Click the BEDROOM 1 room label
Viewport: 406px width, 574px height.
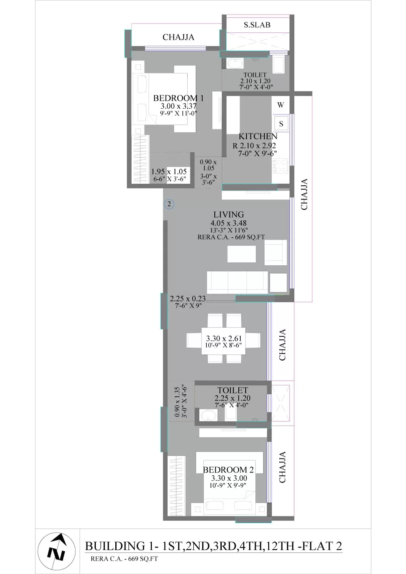[178, 98]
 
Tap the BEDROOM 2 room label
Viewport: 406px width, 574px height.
[228, 470]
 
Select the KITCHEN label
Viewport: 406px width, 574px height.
[258, 136]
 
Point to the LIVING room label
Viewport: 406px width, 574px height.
[229, 214]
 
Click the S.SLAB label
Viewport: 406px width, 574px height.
[257, 25]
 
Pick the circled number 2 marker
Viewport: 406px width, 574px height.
[169, 204]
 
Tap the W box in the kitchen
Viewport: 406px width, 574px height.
[281, 105]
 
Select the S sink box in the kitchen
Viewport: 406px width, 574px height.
[281, 124]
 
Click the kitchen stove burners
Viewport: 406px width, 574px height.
[280, 166]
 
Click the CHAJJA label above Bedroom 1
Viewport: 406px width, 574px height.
[178, 37]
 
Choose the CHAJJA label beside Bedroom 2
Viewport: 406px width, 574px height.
[282, 467]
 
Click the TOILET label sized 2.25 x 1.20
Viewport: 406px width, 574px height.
[233, 390]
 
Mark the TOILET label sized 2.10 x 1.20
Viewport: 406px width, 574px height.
[255, 75]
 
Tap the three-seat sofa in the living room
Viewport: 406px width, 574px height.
[238, 282]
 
